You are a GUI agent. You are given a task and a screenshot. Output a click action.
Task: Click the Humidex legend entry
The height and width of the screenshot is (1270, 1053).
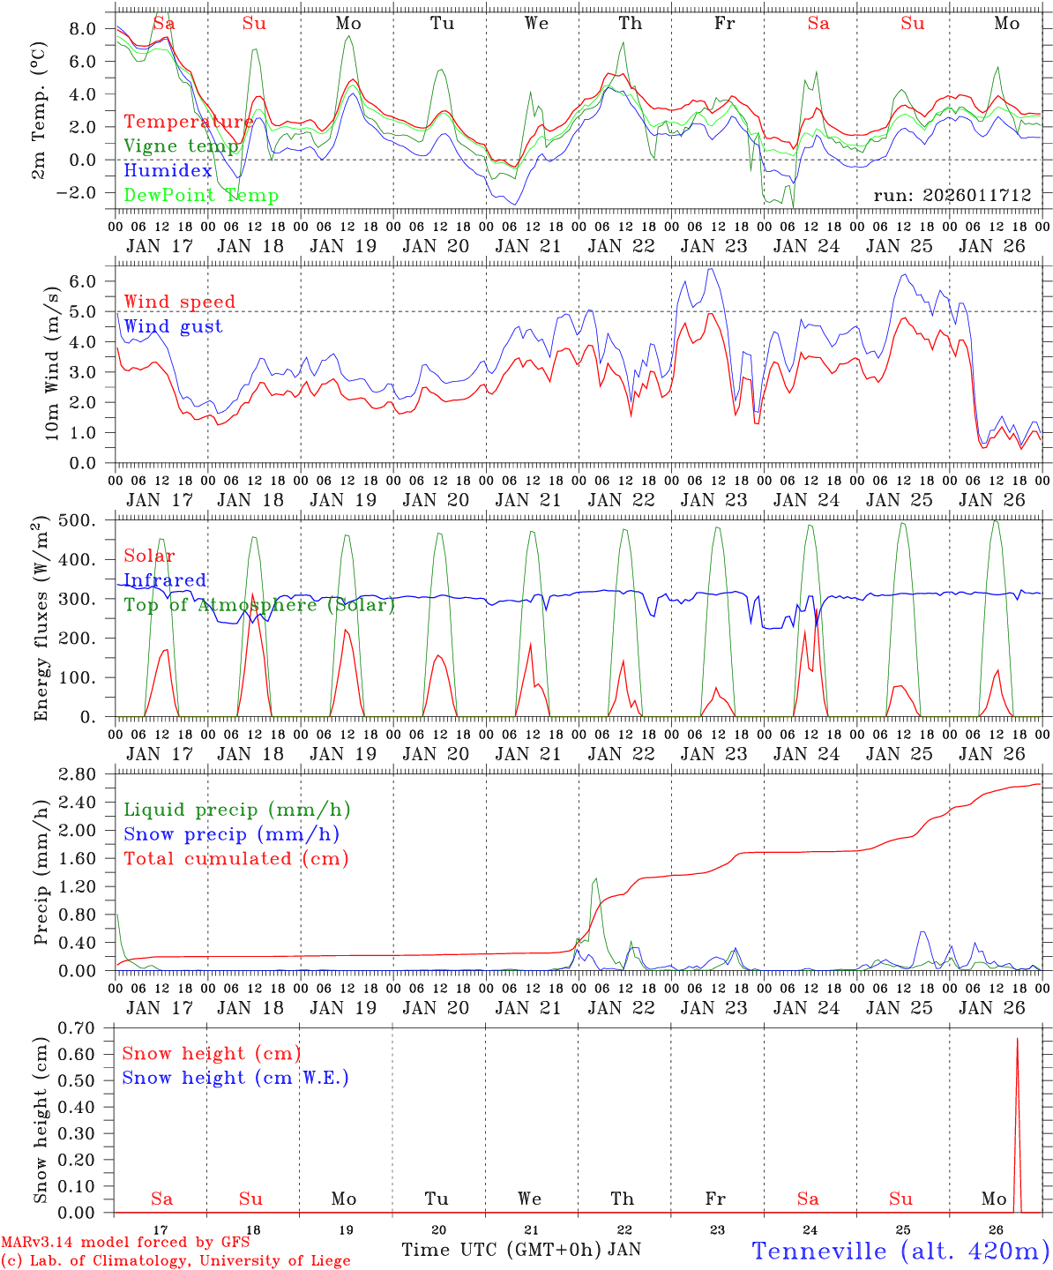coord(168,171)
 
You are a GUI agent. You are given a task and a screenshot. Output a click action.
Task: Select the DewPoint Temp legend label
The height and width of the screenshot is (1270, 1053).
coord(201,196)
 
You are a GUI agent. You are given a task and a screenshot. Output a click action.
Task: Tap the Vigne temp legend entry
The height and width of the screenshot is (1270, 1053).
coord(181,146)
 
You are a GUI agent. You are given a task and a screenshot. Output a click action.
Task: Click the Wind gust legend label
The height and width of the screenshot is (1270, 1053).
coord(173,326)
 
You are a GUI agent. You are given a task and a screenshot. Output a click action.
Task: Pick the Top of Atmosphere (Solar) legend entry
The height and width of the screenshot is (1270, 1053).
coord(259,605)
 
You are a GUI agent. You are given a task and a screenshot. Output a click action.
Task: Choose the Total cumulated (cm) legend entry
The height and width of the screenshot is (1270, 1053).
coord(236,858)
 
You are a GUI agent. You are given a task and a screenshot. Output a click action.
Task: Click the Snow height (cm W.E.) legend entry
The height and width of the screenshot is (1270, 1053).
coord(235,1078)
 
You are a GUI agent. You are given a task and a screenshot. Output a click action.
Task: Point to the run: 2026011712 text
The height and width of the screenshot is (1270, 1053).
coord(952,195)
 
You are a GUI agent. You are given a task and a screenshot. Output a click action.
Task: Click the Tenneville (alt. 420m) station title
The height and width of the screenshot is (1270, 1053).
coord(900,1251)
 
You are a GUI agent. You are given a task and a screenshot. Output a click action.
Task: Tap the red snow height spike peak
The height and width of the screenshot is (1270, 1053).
coord(1017,1039)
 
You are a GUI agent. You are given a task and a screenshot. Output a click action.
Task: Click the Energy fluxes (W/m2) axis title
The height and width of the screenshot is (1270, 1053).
coord(41,620)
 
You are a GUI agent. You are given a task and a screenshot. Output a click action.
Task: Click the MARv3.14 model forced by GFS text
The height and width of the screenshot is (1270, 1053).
coord(125,1243)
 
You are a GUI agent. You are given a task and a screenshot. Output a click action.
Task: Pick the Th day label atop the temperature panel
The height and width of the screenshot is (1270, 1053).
coord(630,24)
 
